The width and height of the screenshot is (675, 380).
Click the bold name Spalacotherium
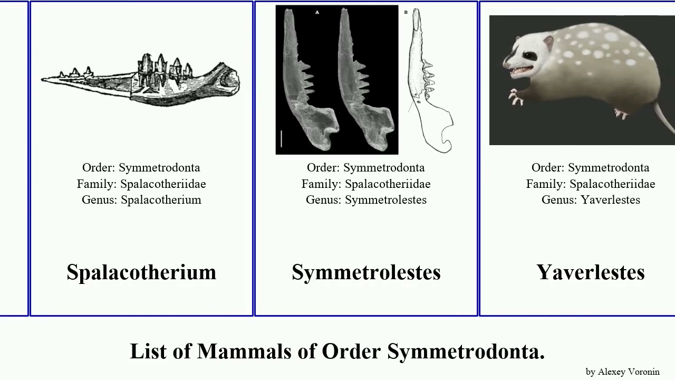pyautogui.click(x=141, y=272)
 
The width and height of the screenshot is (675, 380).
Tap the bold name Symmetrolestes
pyautogui.click(x=366, y=272)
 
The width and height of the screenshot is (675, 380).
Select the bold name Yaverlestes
pyautogui.click(x=591, y=272)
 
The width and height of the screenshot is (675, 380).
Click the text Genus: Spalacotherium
pyautogui.click(x=141, y=200)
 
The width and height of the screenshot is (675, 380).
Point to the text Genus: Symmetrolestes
pyautogui.click(x=366, y=200)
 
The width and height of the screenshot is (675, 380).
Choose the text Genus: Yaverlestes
pyautogui.click(x=591, y=200)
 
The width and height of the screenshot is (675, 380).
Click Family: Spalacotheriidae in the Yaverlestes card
pyautogui.click(x=591, y=184)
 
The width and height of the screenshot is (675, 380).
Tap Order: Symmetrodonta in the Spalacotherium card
pyautogui.click(x=141, y=168)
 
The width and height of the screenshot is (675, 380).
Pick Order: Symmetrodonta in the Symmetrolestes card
pyautogui.click(x=366, y=168)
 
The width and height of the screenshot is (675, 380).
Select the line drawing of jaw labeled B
pyautogui.click(x=430, y=84)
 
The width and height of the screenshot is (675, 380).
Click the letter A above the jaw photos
pyautogui.click(x=317, y=12)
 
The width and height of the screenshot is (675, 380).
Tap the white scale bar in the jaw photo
pyautogui.click(x=282, y=138)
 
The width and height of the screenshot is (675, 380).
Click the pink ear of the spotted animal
pyautogui.click(x=548, y=42)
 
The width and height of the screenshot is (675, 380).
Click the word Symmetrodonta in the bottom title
pyautogui.click(x=466, y=351)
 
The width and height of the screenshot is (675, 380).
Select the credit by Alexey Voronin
pyautogui.click(x=622, y=372)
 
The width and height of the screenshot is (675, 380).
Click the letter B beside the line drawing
pyautogui.click(x=406, y=12)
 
